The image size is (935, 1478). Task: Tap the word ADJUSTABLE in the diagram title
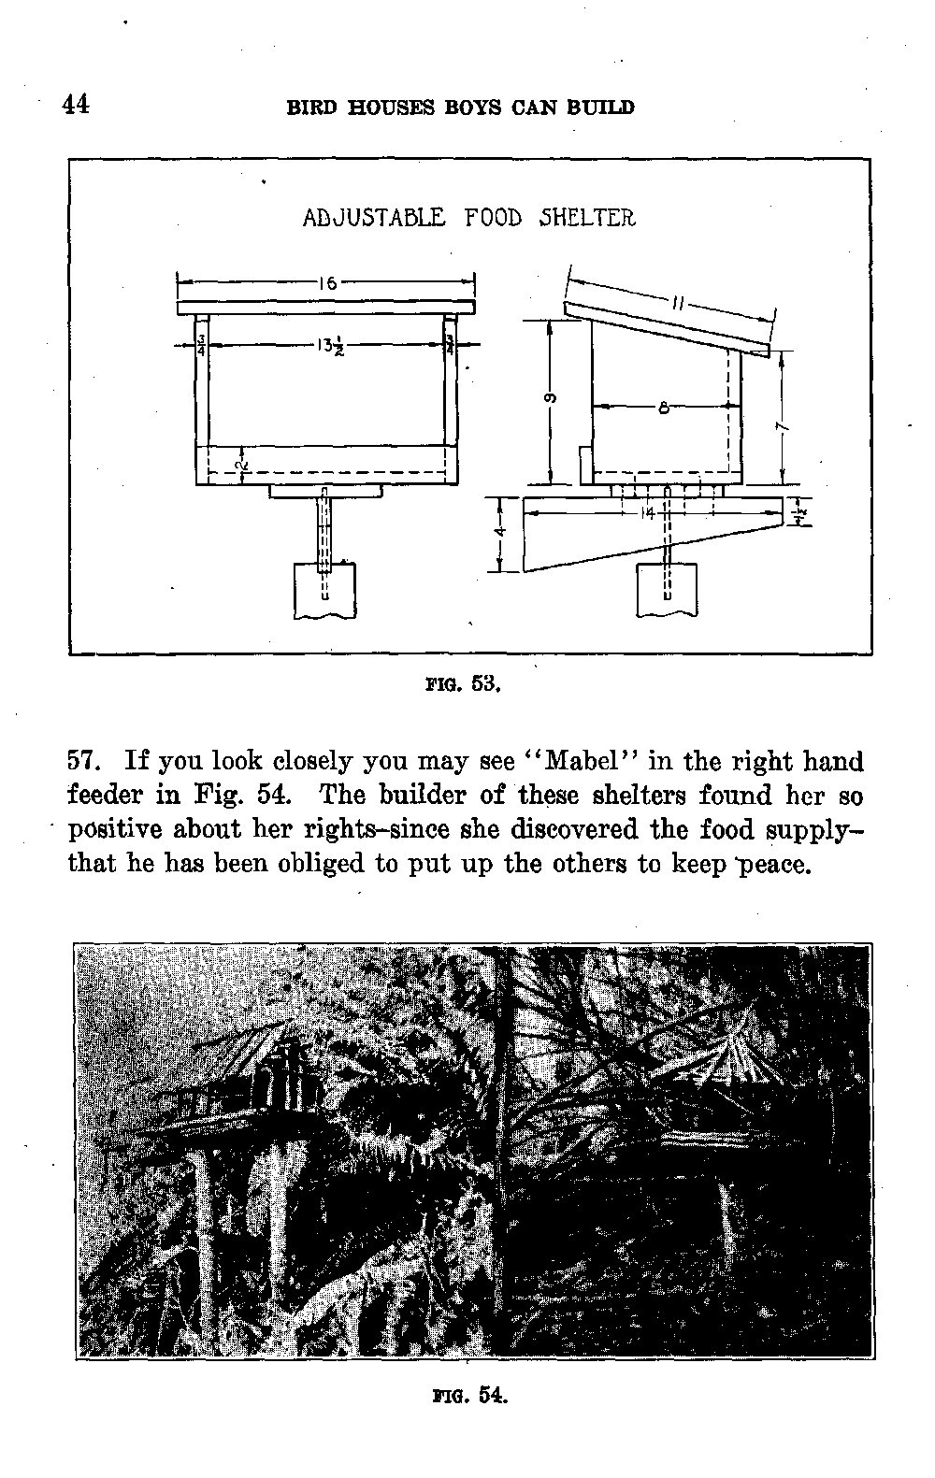pos(374,218)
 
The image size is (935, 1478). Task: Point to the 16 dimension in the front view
pos(326,281)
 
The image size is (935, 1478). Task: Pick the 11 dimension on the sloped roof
pos(680,302)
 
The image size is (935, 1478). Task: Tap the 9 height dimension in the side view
pos(551,399)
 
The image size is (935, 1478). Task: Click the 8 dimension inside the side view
pos(662,407)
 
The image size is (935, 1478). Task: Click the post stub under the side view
pos(667,590)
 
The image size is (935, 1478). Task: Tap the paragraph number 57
pos(85,761)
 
